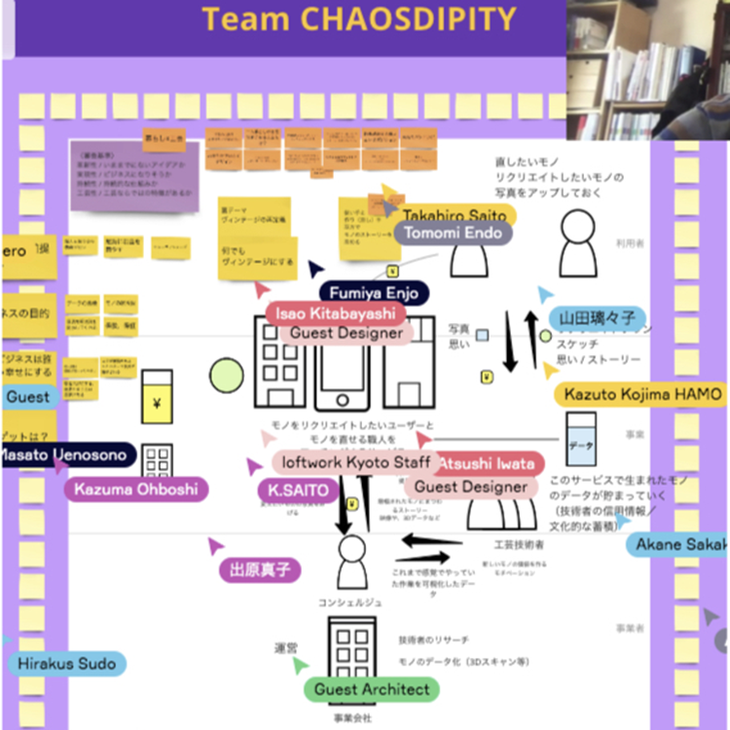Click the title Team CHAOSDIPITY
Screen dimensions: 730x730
pyautogui.click(x=357, y=18)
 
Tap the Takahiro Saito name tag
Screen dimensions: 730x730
pyautogui.click(x=455, y=215)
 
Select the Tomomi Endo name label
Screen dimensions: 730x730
pyautogui.click(x=453, y=234)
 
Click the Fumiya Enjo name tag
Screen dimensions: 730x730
pyautogui.click(x=374, y=292)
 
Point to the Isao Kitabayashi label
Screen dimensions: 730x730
pyautogui.click(x=336, y=313)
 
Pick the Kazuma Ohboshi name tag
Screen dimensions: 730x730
pyautogui.click(x=135, y=488)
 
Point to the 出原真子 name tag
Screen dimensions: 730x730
pyautogui.click(x=260, y=570)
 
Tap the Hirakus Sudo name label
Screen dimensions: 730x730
pyautogui.click(x=66, y=665)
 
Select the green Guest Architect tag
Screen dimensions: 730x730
pyautogui.click(x=371, y=689)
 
